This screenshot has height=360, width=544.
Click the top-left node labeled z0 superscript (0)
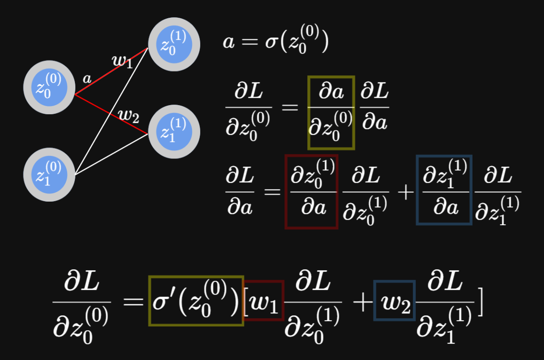click(x=49, y=88)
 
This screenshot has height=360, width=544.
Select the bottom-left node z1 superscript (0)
click(x=49, y=175)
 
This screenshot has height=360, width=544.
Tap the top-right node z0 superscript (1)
click(x=174, y=44)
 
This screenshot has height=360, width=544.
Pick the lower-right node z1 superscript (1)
click(x=174, y=131)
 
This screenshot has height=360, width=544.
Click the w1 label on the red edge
click(x=122, y=61)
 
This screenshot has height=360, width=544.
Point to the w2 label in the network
click(x=128, y=116)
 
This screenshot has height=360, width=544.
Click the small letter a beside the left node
click(x=87, y=79)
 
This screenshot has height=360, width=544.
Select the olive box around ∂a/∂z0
click(x=331, y=112)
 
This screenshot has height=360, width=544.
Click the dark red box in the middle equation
click(x=311, y=192)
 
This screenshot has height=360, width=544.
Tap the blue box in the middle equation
click(x=444, y=190)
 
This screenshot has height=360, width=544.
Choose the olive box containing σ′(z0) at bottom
click(x=196, y=301)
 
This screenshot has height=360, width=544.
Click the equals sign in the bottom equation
click(x=133, y=302)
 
